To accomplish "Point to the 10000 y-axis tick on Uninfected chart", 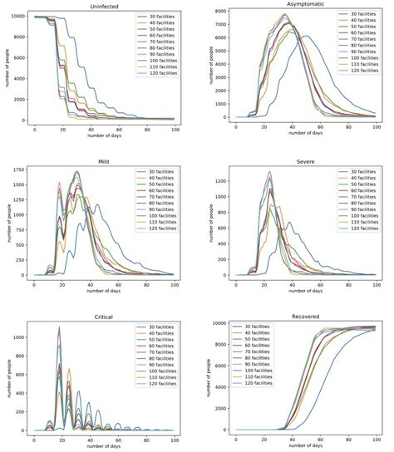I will click(x=17, y=17).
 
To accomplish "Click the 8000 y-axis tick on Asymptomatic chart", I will click(x=219, y=12).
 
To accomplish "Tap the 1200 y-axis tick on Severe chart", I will click(x=219, y=179).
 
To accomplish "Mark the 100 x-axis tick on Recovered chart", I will click(x=377, y=440).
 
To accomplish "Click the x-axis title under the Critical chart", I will click(x=101, y=448).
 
